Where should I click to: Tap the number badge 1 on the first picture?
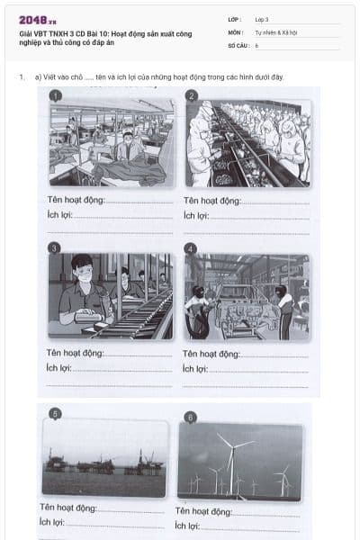[x=55, y=95]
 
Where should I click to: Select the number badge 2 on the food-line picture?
[x=192, y=95]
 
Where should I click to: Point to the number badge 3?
[x=55, y=247]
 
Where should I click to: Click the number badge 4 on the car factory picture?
[x=190, y=247]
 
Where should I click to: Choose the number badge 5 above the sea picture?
[x=56, y=414]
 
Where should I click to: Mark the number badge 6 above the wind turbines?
[x=190, y=417]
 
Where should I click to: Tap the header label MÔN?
[x=236, y=31]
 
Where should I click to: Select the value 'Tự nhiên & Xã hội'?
[x=274, y=31]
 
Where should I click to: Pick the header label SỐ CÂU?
[x=238, y=44]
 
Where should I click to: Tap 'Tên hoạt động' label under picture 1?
[x=76, y=200]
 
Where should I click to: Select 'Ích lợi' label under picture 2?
[x=196, y=215]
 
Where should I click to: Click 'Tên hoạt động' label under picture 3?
[x=76, y=354]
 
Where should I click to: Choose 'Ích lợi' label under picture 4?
[x=195, y=369]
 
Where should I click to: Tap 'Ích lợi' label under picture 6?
[x=187, y=526]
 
